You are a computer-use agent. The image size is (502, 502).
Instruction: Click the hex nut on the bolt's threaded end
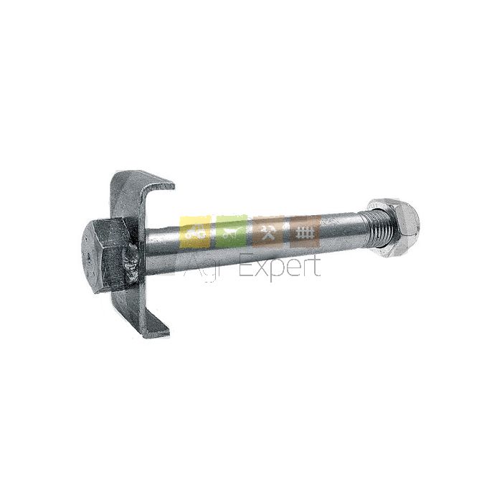[x=394, y=227]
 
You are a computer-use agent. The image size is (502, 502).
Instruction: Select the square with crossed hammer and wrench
[x=268, y=231]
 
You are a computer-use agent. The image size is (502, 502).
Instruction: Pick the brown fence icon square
[x=305, y=231]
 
